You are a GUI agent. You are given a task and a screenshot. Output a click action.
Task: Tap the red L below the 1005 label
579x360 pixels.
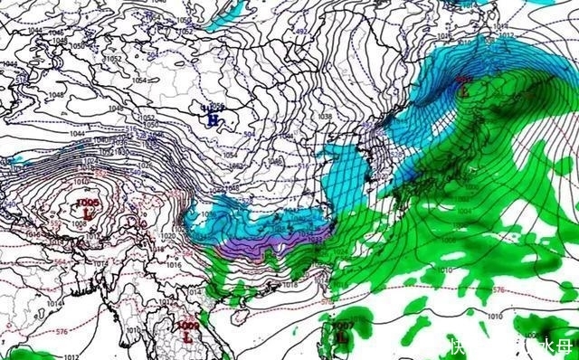(x=88, y=212)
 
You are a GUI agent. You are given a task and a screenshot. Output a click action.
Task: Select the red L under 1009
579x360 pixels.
(x=188, y=336)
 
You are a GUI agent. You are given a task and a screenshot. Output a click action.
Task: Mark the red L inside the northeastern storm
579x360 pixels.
(x=465, y=90)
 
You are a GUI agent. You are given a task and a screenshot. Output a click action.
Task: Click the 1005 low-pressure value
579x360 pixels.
(x=88, y=202)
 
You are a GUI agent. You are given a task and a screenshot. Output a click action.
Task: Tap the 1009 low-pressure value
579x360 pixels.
(x=187, y=326)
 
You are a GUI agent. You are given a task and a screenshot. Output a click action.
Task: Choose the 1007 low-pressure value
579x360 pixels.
(x=343, y=324)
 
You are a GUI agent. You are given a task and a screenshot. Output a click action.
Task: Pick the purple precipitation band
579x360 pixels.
(x=271, y=241)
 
